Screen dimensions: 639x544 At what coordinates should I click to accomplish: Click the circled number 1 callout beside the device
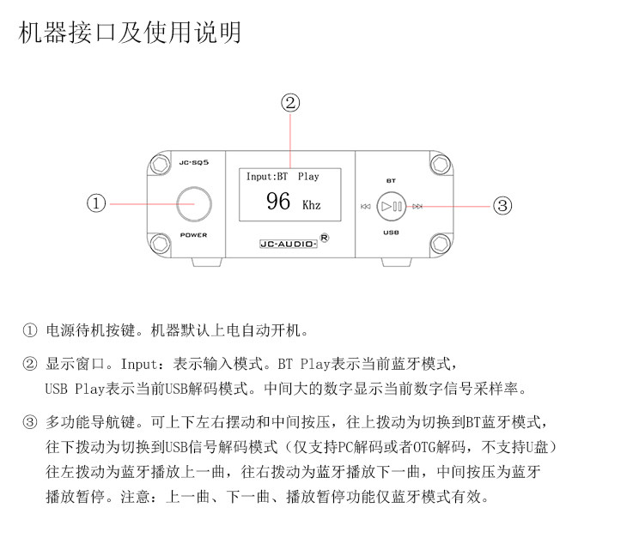pos(97,203)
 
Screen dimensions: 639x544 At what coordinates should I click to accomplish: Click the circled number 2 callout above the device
pos(290,103)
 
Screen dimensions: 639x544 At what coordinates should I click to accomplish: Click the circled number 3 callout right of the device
pos(503,205)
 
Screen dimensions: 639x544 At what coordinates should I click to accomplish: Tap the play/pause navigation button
pos(392,206)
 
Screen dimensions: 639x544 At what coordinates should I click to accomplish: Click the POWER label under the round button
pos(193,235)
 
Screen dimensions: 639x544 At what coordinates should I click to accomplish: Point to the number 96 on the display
pos(278,202)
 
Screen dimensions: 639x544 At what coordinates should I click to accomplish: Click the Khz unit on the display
pos(311,206)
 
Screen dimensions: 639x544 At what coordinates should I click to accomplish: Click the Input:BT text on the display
pos(267,177)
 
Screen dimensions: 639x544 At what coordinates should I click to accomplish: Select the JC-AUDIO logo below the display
pos(289,243)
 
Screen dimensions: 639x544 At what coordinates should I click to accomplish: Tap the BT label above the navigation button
pos(391,181)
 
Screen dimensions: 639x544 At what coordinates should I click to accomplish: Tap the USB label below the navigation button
pos(391,233)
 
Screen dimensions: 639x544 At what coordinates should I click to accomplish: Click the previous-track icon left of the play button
pos(365,206)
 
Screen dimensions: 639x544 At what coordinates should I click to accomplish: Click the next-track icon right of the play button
pos(417,206)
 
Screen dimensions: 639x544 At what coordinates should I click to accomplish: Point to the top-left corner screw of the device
pos(159,164)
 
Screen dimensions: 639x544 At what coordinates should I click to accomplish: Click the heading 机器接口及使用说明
pos(130,33)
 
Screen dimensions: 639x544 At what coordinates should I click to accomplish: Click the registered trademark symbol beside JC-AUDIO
pos(324,238)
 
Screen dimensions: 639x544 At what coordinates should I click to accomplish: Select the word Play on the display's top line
pos(308,177)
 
